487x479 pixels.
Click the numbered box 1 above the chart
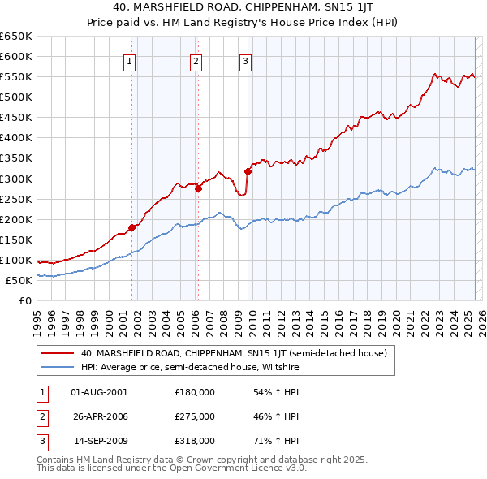(x=130, y=59)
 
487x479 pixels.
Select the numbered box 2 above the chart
(x=196, y=59)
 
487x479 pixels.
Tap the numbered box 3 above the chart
(x=245, y=59)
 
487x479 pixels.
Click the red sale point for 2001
(x=131, y=227)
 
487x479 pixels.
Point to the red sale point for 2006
(x=198, y=188)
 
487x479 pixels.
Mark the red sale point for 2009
(x=247, y=171)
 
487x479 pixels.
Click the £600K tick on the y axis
(x=15, y=56)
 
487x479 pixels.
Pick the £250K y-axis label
(x=15, y=199)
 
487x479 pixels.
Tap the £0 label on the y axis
(x=24, y=300)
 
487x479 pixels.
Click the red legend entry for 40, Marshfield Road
(x=235, y=353)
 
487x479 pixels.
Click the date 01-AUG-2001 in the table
(x=100, y=392)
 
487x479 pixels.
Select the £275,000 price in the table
(x=195, y=416)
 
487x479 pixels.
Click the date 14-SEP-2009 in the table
(x=100, y=442)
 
